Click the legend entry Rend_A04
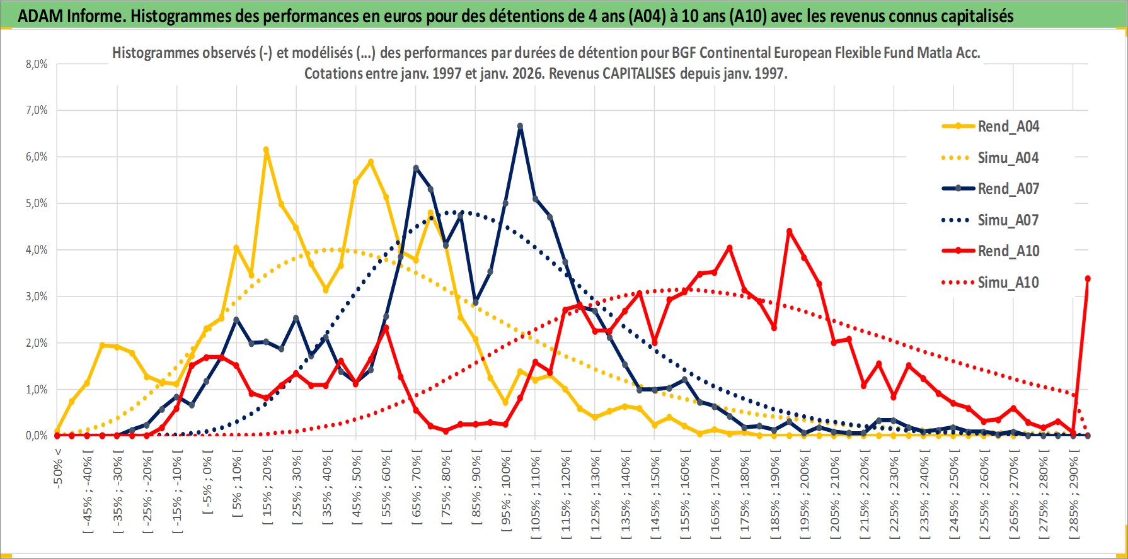coord(1008,127)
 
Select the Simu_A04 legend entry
coord(1008,158)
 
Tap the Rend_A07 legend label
coord(1008,189)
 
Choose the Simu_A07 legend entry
coord(1008,220)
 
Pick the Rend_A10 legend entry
coord(1008,251)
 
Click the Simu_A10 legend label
coord(1008,283)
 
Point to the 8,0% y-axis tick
coord(37,64)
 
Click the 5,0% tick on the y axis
coord(37,203)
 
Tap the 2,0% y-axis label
coord(37,343)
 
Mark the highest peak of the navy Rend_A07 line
coord(520,127)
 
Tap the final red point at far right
coord(1088,279)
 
